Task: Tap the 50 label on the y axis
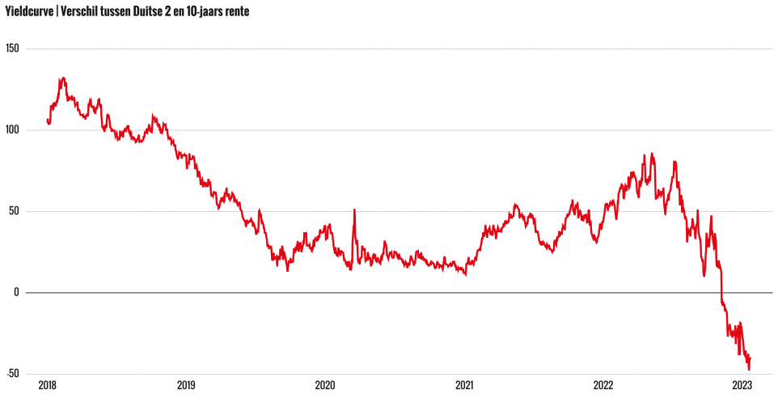coord(13,211)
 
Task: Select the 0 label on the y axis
coord(15,292)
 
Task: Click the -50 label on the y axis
coord(11,374)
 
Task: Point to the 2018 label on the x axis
coord(47,386)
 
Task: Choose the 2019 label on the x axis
coord(186,386)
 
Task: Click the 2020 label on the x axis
coord(325,386)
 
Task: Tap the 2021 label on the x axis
coord(464,386)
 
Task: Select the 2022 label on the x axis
coord(603,386)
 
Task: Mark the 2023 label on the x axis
coord(742,386)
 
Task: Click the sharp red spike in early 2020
coord(354,210)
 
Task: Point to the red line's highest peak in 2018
coord(62,78)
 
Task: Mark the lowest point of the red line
coord(749,370)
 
